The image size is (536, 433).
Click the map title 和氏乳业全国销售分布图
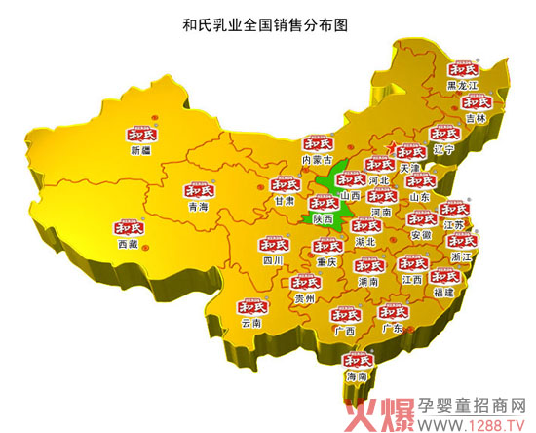click(264, 20)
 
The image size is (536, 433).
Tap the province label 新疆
click(141, 151)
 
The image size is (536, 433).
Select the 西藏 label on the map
click(129, 244)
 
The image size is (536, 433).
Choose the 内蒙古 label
click(317, 159)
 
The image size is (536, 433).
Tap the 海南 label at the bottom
click(357, 375)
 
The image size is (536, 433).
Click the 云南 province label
click(250, 323)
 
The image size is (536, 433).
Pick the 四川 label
click(272, 261)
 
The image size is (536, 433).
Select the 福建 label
click(443, 292)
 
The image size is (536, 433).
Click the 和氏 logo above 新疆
click(142, 135)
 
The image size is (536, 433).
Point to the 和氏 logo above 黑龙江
click(463, 70)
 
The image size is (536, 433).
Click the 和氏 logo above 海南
click(357, 359)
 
